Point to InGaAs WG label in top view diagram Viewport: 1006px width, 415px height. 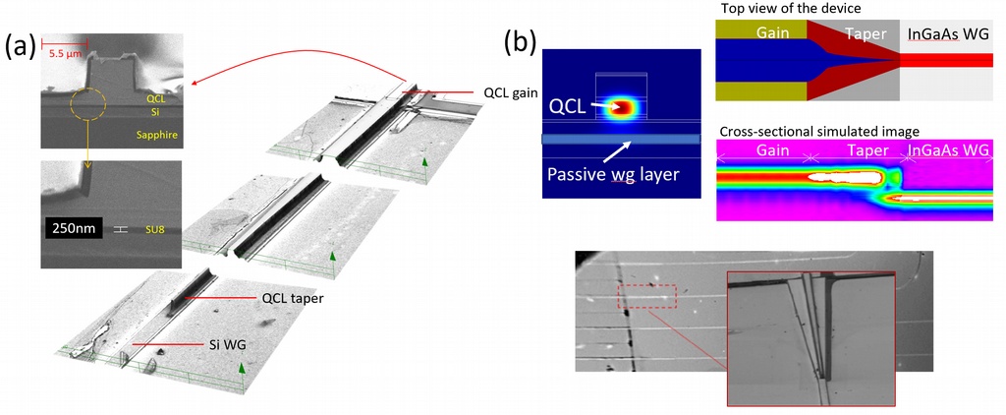click(x=949, y=32)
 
